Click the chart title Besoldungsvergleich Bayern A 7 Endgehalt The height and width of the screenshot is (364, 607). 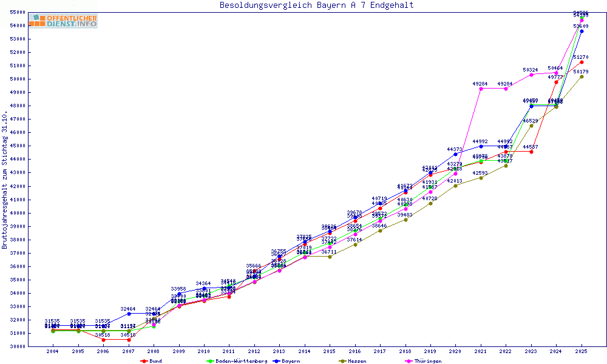tap(316, 5)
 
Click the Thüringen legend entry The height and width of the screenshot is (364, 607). tap(428, 361)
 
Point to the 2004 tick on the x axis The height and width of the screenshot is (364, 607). tap(53, 351)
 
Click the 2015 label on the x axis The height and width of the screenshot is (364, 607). tap(330, 351)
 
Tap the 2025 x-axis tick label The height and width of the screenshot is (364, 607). tap(582, 351)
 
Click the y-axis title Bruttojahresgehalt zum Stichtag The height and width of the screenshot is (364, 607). tap(5, 180)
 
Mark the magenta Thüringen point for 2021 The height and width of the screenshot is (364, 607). tap(481, 89)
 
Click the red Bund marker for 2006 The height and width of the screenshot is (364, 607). tap(103, 340)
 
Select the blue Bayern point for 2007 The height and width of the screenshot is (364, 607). tap(129, 314)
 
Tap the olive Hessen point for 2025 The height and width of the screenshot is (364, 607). tap(582, 76)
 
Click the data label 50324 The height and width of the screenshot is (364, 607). tap(531, 70)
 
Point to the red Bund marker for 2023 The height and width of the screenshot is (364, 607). tap(531, 152)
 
